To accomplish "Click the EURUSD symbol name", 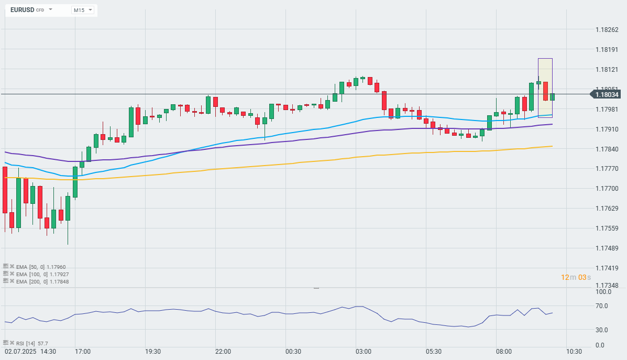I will [x=23, y=10].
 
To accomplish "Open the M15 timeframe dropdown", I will [x=83, y=10].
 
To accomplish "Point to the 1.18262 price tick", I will [x=607, y=29].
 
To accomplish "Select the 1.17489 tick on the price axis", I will [x=607, y=248].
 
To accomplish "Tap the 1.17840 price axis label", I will [x=607, y=149].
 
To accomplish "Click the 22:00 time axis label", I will [x=223, y=351].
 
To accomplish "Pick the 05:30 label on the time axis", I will [x=433, y=351].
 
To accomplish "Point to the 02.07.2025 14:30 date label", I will [x=30, y=351].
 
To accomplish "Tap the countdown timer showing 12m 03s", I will [x=576, y=277].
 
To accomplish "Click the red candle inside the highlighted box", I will [x=545, y=91].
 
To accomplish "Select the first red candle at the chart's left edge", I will [x=5, y=189].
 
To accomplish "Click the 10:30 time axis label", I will [x=574, y=351].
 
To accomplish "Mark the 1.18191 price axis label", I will [x=607, y=49].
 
